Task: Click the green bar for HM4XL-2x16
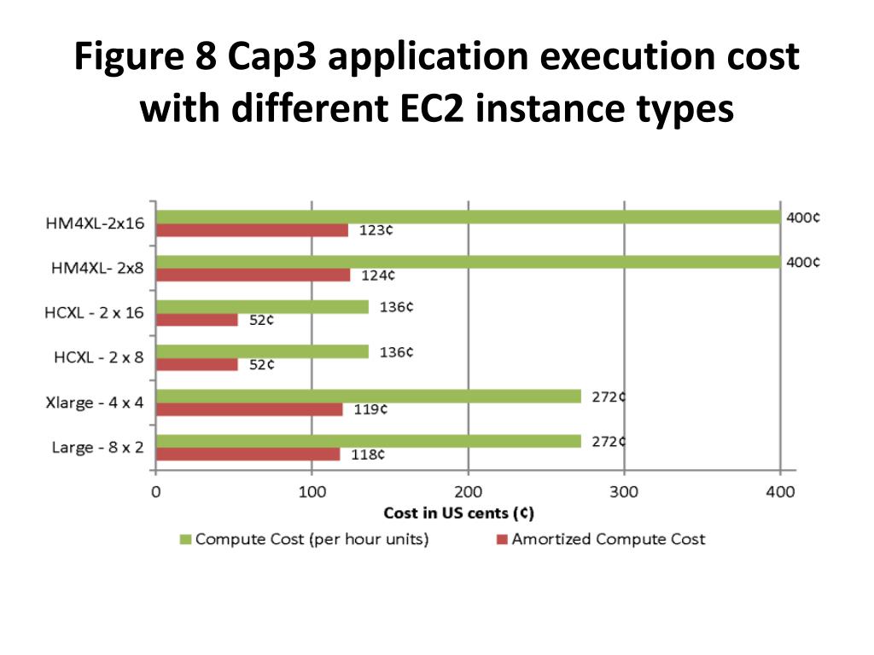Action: pyautogui.click(x=468, y=217)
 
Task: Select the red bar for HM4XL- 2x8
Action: pyautogui.click(x=253, y=275)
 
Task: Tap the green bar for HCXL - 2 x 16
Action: pyautogui.click(x=263, y=307)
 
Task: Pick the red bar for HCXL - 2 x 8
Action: pyautogui.click(x=197, y=364)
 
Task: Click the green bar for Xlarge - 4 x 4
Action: pyautogui.click(x=368, y=397)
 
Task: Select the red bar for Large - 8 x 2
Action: pyautogui.click(x=248, y=455)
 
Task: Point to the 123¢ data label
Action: pyautogui.click(x=376, y=230)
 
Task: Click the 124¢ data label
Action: pyautogui.click(x=377, y=275)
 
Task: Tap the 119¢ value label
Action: pyautogui.click(x=370, y=409)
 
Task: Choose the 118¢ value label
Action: pyautogui.click(x=368, y=455)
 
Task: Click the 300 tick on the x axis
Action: pyautogui.click(x=624, y=492)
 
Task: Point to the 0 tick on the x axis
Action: pyautogui.click(x=155, y=492)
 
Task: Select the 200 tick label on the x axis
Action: pyautogui.click(x=468, y=492)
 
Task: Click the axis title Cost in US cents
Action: pyautogui.click(x=459, y=513)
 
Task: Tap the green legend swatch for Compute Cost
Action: pyautogui.click(x=184, y=539)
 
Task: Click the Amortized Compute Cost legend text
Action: pyautogui.click(x=609, y=539)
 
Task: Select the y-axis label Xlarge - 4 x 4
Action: pyautogui.click(x=94, y=403)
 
